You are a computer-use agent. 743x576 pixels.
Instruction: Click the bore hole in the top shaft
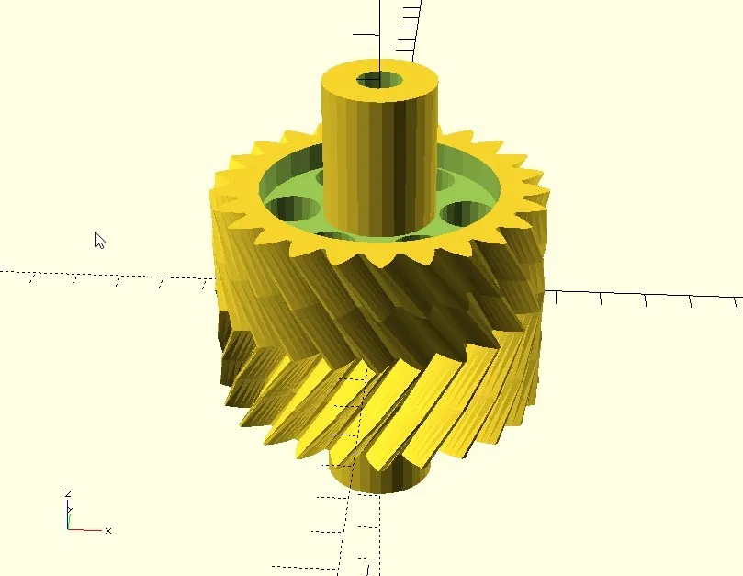379,79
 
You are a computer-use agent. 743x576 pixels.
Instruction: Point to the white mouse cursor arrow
99,240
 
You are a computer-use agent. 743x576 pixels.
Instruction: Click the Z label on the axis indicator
67,494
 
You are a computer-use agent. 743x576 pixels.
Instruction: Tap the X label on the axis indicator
108,531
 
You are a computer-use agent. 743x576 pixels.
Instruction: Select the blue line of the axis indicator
67,516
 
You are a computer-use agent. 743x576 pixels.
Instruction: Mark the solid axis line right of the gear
643,294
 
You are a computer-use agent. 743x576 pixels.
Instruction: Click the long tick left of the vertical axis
366,34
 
